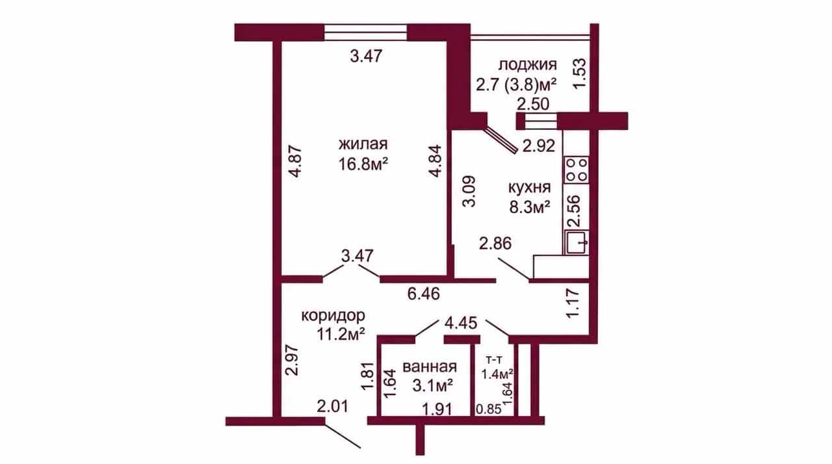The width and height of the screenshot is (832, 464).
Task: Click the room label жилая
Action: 363,144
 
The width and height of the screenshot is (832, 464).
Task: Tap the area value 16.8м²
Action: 363,164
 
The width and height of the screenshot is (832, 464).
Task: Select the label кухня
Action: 529,188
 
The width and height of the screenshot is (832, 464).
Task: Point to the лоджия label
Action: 527,64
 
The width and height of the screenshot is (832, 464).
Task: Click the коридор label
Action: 333,316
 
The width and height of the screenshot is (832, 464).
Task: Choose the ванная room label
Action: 430,367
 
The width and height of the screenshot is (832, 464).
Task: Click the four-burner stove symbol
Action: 576,170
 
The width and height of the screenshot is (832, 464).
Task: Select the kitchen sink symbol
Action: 577,242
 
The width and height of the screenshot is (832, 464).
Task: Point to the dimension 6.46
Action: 423,294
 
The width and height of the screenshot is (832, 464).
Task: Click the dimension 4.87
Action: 296,162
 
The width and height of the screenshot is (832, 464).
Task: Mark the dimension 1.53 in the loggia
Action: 580,73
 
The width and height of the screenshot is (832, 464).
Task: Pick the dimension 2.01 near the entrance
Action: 333,406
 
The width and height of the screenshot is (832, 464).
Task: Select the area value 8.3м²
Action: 529,207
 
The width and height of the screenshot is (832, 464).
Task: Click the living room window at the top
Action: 365,32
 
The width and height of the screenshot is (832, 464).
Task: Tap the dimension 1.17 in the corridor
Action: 573,303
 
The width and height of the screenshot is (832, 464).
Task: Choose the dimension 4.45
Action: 461,323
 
